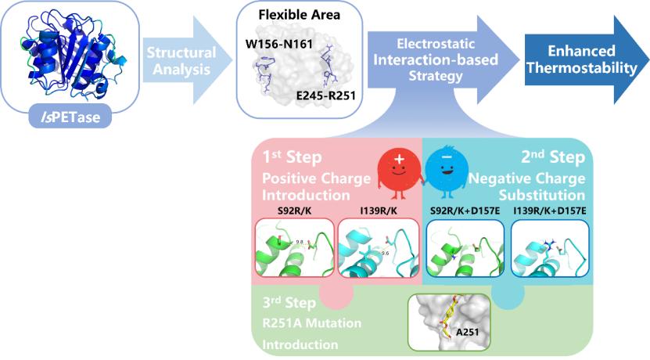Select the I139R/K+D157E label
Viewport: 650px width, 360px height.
[548, 211]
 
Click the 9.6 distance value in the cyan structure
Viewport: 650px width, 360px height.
[385, 253]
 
